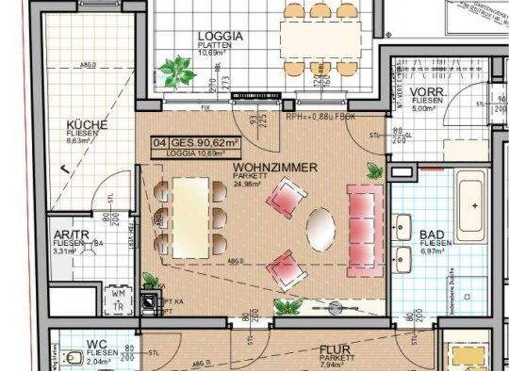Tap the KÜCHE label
(87, 125)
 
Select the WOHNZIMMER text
(275, 168)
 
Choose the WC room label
(95, 344)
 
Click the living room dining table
(190, 217)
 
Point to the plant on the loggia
(177, 71)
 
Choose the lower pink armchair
(286, 269)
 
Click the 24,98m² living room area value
(247, 184)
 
